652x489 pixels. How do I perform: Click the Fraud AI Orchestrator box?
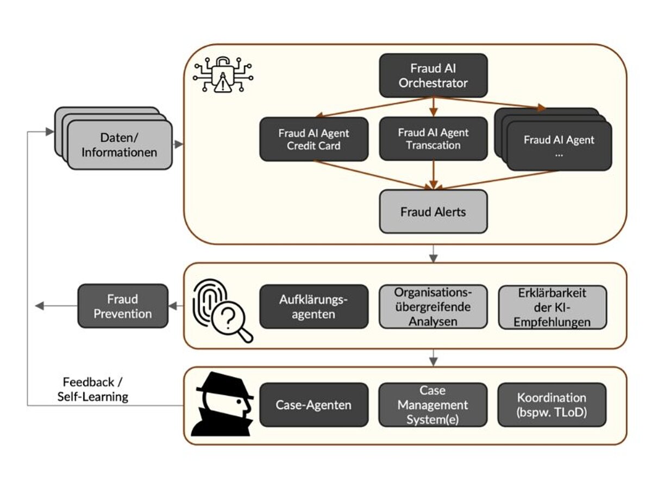point(433,76)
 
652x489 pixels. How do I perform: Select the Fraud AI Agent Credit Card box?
point(314,139)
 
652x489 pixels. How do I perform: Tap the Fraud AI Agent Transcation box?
point(433,139)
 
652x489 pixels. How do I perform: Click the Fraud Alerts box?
point(433,211)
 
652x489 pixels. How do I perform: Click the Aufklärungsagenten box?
point(314,306)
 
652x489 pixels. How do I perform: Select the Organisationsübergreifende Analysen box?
point(433,306)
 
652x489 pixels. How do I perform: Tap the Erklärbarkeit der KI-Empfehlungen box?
point(553,307)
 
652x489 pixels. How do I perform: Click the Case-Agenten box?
point(314,405)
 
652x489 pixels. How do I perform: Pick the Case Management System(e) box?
point(433,405)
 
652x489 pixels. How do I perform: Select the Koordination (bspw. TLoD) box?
point(551,405)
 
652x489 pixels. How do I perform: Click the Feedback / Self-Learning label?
point(93,389)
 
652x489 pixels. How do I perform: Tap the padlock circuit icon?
point(223,76)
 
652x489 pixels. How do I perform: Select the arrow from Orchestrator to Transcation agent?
point(433,106)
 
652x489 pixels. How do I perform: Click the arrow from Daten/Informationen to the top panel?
point(177,145)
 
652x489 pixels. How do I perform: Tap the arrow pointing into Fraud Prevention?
point(175,306)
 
